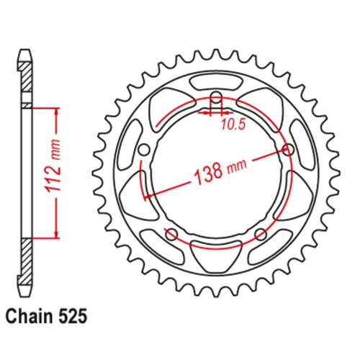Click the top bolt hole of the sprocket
[217, 98]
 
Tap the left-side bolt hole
[144, 150]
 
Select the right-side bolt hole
[289, 150]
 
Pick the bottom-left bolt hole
[172, 234]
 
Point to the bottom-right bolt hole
[261, 234]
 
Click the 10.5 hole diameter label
[233, 125]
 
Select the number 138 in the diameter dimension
[209, 173]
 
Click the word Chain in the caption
[29, 317]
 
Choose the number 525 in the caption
[71, 317]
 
